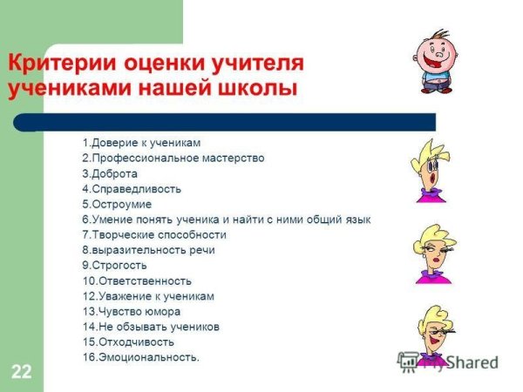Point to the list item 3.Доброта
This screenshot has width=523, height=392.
(110, 173)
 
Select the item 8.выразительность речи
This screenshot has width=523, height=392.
(148, 250)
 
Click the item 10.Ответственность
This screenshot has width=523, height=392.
(137, 280)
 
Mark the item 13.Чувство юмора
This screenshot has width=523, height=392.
(132, 311)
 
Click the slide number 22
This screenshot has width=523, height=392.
(22, 373)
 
